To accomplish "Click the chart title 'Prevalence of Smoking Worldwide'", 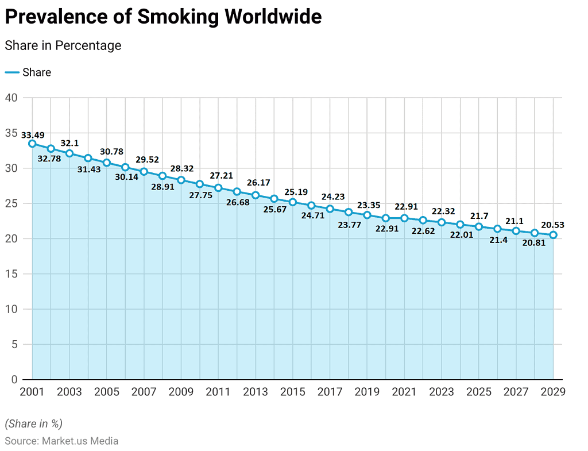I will [x=163, y=17].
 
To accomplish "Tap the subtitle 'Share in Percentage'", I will [x=63, y=45].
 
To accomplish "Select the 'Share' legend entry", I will [x=37, y=72].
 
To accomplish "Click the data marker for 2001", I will [x=32, y=144].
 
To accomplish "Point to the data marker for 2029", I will [x=553, y=235].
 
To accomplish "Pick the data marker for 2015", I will [x=293, y=202].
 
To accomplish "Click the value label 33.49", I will [x=33, y=135].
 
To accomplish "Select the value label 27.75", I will [x=200, y=195].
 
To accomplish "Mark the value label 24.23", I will [x=333, y=196].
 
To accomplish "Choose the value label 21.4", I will [x=497, y=240].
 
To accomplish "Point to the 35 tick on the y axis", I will [x=11, y=133].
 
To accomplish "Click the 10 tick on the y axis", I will [x=11, y=309].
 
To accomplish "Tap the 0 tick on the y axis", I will [x=14, y=380].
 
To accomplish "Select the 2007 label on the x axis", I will [x=144, y=392].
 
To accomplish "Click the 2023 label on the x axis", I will [x=442, y=392].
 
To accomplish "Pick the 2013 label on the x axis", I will [x=256, y=392].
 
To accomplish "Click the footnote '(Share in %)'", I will [x=33, y=424].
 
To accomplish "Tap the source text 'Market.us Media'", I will [x=80, y=441].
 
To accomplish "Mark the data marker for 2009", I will [x=181, y=180].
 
